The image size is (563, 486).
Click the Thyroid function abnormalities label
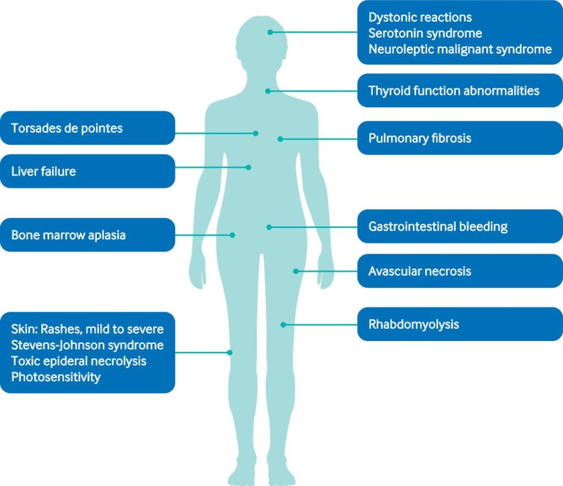click(x=454, y=91)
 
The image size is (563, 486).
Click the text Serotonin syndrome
click(x=425, y=33)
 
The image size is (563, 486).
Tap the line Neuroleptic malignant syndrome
click(x=460, y=49)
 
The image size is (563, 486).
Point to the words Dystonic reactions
click(x=420, y=18)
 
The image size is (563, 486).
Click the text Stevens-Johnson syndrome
click(x=87, y=345)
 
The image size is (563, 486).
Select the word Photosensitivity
click(x=56, y=377)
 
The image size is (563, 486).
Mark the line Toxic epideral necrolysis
click(x=79, y=361)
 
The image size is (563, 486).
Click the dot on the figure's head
click(x=270, y=32)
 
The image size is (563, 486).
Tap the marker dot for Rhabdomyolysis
click(x=283, y=325)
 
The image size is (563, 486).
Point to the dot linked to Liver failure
click(x=249, y=167)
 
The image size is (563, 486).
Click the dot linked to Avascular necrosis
click(x=296, y=271)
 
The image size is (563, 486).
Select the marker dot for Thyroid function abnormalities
click(x=268, y=91)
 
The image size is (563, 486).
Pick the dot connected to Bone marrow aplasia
click(x=233, y=235)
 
